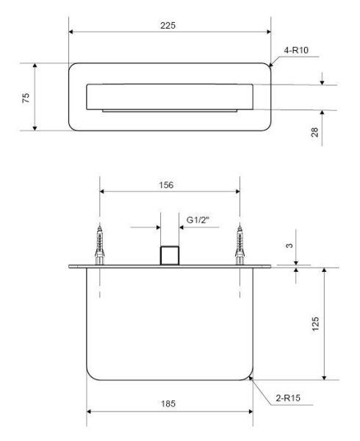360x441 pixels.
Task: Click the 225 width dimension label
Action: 168,25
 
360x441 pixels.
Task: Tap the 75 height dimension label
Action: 26,98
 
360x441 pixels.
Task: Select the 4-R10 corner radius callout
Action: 296,50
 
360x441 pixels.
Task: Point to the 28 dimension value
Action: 314,132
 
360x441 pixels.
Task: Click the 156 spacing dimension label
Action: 166,185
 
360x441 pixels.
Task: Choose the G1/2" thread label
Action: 198,220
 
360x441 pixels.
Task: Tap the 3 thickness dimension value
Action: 289,245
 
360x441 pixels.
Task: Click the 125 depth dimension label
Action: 315,323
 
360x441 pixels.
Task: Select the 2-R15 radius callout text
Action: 288,398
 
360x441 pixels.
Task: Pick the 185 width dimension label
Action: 168,404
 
